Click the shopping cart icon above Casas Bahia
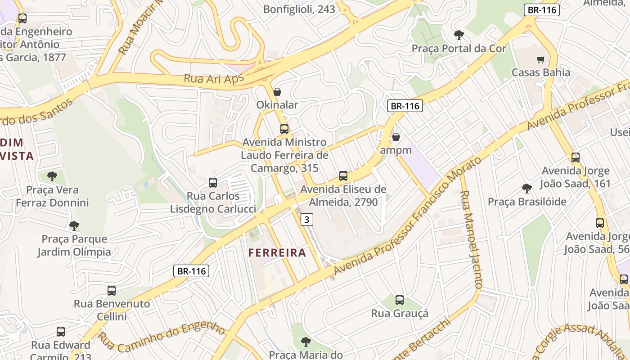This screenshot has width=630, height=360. coord(540,59)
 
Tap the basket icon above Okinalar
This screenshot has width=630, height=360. coord(277,92)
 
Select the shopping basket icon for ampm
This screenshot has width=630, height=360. coord(396,137)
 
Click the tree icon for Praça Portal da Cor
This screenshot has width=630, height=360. coord(459,35)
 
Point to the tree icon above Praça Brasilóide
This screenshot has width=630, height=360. coord(527,189)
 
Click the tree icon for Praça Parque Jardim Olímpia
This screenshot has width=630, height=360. coord(74,225)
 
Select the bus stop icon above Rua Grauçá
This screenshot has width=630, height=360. coord(400,300)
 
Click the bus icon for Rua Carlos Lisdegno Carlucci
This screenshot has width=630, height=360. coord(213,183)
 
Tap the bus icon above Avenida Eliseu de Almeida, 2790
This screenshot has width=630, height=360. coord(343,176)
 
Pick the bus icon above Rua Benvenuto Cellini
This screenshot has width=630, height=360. coord(112,291)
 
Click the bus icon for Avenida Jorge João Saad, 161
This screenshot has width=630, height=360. coord(576,157)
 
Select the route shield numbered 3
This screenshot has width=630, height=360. coord(307,220)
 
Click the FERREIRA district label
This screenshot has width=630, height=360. coord(277,252)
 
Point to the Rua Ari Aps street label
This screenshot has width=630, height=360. coord(213,78)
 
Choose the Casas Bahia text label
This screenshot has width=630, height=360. coord(540,72)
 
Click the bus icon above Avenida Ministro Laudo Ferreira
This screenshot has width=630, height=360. coord(284,129)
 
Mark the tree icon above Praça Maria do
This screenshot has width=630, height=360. coord(306,342)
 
